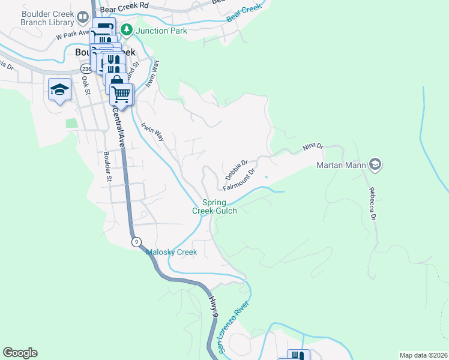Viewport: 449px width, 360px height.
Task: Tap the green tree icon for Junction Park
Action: click(127, 29)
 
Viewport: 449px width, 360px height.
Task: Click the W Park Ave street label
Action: click(72, 34)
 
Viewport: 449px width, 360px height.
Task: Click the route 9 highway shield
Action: click(137, 241)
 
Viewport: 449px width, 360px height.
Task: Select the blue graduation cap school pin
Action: click(59, 90)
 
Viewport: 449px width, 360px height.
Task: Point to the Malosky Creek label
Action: click(172, 252)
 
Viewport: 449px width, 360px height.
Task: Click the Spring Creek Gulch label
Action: click(214, 206)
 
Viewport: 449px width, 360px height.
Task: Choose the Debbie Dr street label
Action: click(236, 170)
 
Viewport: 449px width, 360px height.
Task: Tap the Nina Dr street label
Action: click(313, 146)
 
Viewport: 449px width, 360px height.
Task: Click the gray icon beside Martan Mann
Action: click(375, 164)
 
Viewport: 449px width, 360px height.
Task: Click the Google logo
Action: click(20, 353)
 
